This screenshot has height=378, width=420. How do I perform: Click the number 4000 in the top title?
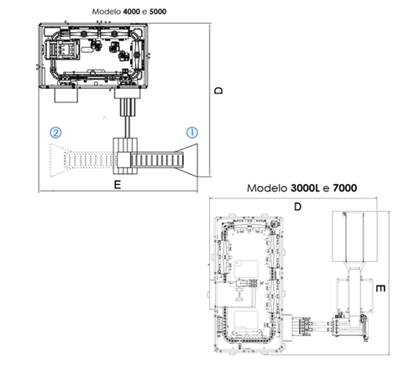point(131,12)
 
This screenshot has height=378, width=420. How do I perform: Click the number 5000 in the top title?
point(158,12)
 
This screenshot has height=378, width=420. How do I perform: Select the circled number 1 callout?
point(192,133)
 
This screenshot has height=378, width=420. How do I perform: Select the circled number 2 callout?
point(55,133)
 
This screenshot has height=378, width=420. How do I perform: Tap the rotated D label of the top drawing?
point(218,90)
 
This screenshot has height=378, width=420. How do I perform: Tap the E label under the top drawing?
point(118,185)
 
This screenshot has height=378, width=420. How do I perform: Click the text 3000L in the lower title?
point(305,188)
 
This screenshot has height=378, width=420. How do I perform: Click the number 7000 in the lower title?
point(345,188)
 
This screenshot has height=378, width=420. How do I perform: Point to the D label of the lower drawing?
point(297,207)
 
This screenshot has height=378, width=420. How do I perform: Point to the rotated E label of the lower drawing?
point(381,288)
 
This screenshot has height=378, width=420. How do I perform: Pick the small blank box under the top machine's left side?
point(66,95)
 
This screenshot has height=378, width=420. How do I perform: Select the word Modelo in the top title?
point(107,12)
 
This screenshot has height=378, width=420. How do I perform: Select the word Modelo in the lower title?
point(267,188)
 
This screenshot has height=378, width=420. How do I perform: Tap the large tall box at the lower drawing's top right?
point(354,237)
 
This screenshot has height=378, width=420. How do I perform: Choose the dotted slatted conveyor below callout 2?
point(89,160)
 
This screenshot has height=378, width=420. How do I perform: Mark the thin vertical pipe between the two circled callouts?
point(128,127)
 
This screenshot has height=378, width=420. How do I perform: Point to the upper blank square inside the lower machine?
point(246,269)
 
